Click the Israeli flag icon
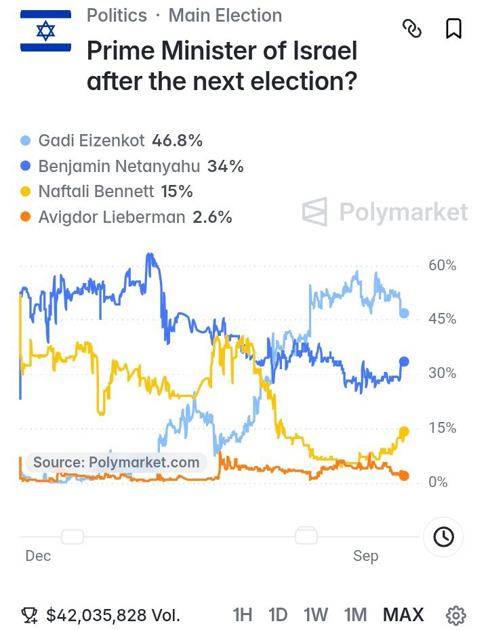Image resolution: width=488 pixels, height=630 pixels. (x=46, y=31)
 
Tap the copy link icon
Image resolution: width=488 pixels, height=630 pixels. (x=412, y=29)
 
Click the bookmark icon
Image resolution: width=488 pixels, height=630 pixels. (x=454, y=29)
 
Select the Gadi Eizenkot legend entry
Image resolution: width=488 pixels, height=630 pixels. (x=111, y=141)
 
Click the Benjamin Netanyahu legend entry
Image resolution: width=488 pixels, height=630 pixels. (x=132, y=167)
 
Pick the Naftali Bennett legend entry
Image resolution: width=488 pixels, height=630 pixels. (x=106, y=192)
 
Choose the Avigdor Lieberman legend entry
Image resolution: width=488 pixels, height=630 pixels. (x=126, y=217)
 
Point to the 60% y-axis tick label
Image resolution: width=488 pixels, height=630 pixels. (x=442, y=265)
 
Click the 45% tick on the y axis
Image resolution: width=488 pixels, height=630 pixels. (x=442, y=319)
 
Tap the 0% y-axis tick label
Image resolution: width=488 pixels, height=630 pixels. (x=438, y=482)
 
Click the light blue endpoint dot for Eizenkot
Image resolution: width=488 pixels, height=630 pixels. (x=404, y=314)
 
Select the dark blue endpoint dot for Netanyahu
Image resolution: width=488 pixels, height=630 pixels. (x=404, y=362)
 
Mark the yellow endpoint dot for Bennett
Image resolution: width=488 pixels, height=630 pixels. (x=404, y=432)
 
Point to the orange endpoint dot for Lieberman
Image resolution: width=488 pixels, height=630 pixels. (x=404, y=476)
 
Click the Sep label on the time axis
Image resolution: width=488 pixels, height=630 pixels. (x=366, y=556)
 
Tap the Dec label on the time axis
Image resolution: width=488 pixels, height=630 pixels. (x=38, y=556)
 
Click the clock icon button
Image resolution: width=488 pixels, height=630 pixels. (x=443, y=537)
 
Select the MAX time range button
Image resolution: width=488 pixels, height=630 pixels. (x=403, y=614)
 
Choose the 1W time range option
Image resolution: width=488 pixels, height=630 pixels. (x=316, y=614)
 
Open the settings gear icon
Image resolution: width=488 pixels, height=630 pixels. (x=456, y=615)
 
